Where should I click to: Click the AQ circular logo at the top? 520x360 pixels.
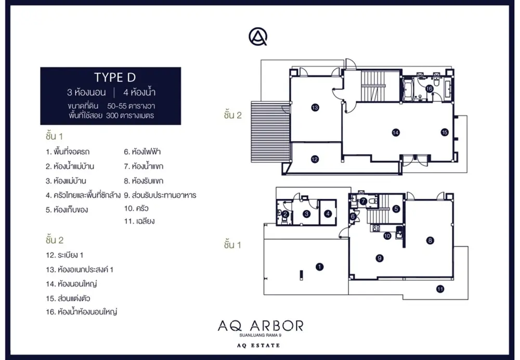(x=258, y=36)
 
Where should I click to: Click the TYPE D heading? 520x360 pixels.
(x=115, y=78)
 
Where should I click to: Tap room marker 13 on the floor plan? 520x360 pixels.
(x=315, y=108)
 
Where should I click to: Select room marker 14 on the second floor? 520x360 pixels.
(x=396, y=132)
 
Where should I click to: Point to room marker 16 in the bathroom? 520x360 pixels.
(x=430, y=88)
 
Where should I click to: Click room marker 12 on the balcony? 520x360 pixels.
(x=315, y=159)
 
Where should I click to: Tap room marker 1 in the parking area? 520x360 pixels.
(x=319, y=267)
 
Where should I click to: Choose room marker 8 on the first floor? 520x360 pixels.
(x=430, y=240)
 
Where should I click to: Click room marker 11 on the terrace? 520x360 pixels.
(x=440, y=289)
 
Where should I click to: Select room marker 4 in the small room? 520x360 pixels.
(x=328, y=214)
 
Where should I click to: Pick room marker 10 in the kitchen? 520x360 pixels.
(x=387, y=236)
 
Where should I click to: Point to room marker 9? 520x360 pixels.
(x=380, y=258)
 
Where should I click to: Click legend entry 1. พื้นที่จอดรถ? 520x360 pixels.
(x=68, y=152)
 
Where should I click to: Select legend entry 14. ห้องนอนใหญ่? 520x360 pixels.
(x=71, y=284)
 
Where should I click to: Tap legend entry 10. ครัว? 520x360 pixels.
(x=136, y=209)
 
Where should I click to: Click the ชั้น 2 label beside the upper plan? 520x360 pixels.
(x=233, y=115)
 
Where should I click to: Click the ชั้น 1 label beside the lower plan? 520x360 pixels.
(x=232, y=245)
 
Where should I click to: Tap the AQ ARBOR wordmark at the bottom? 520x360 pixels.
(x=261, y=326)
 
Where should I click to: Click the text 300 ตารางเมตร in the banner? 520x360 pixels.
(x=130, y=116)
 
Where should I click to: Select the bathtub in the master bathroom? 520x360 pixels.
(x=407, y=89)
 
